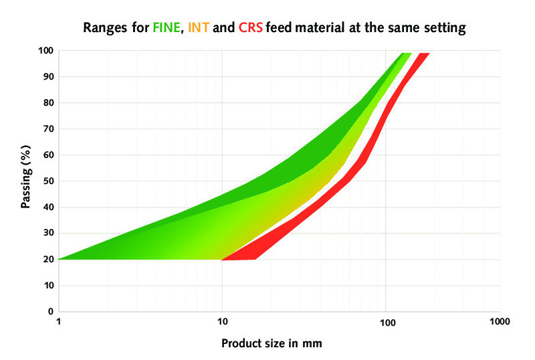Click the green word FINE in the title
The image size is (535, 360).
[168, 29]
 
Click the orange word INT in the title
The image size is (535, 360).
[198, 29]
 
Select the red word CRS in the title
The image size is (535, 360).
[251, 29]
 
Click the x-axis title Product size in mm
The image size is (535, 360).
[272, 344]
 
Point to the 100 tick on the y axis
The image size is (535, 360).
[45, 50]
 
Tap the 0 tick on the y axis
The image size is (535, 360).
[51, 311]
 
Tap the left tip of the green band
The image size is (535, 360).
[62, 258]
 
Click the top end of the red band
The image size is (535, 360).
[423, 55]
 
